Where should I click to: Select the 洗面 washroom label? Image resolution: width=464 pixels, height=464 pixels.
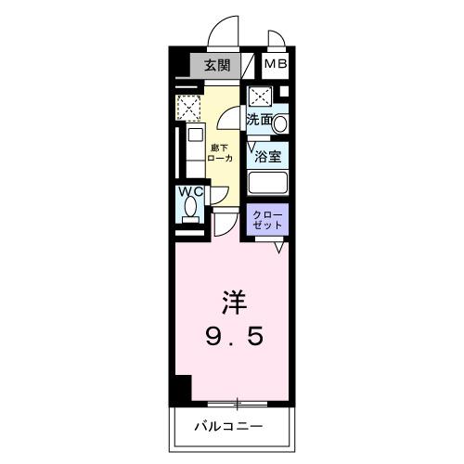pyautogui.click(x=259, y=120)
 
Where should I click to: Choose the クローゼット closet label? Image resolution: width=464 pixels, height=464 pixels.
pyautogui.click(x=268, y=221)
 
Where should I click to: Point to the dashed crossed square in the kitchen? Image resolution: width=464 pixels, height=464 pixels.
pyautogui.click(x=188, y=109)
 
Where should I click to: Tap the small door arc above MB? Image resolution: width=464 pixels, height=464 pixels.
pyautogui.click(x=276, y=39)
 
